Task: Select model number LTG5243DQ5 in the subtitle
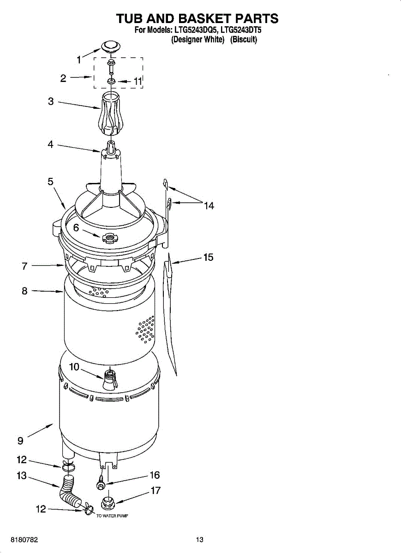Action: [x=194, y=31]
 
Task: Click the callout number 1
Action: [x=79, y=59]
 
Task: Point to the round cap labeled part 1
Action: [x=110, y=46]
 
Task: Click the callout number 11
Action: [x=138, y=81]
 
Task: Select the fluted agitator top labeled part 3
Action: [x=111, y=113]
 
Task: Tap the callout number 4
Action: [x=50, y=144]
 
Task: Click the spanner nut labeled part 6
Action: [x=109, y=238]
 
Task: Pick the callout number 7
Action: [x=24, y=266]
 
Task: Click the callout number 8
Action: [x=24, y=291]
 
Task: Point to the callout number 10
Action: [x=74, y=367]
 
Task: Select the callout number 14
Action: [x=209, y=206]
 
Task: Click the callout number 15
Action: [x=208, y=257]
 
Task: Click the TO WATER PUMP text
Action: [x=112, y=516]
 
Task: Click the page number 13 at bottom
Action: [x=199, y=540]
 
